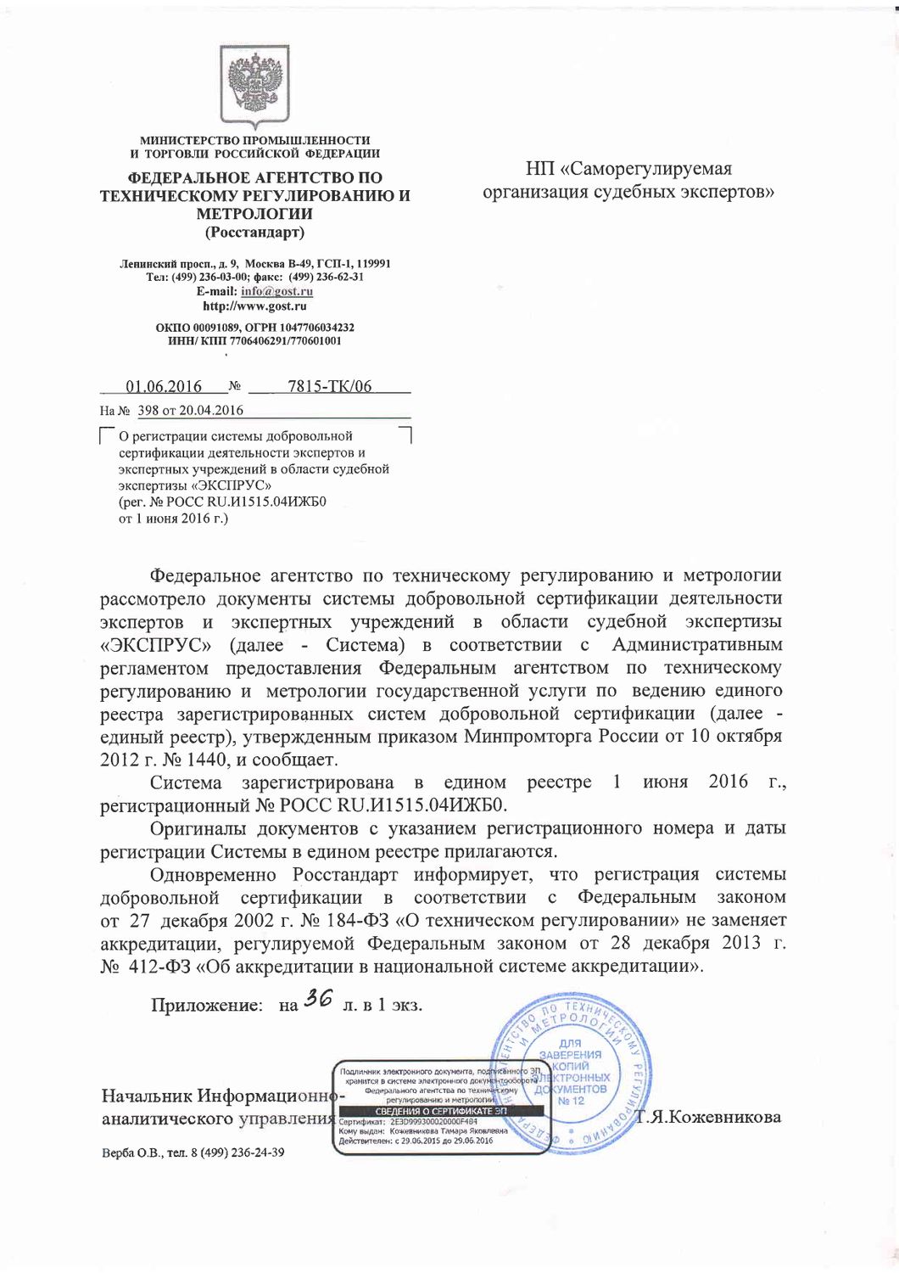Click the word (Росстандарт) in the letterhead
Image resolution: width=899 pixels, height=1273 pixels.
[254, 233]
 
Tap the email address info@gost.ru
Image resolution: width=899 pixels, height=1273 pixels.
[276, 291]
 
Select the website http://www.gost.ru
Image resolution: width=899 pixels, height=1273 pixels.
[254, 306]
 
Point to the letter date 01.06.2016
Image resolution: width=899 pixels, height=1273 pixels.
[164, 387]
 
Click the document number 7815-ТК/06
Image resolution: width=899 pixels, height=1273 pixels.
[330, 387]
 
